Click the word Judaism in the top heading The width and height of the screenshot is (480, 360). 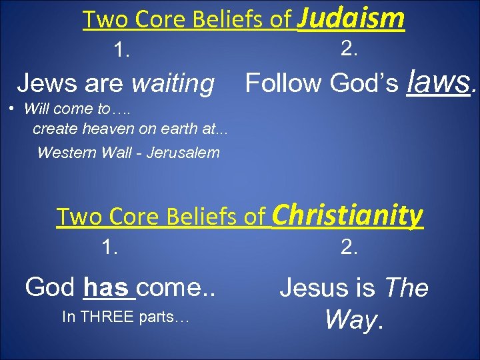click(351, 18)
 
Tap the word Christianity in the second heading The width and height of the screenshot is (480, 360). click(347, 215)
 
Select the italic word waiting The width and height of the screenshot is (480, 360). click(173, 84)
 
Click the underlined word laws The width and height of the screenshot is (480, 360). click(439, 82)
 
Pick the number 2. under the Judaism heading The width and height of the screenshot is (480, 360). click(350, 47)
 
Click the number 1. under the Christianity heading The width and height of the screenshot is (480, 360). click(111, 247)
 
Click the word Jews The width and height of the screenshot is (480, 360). click(41, 84)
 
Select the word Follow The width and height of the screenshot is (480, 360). click(284, 83)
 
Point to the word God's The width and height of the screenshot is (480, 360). click(364, 83)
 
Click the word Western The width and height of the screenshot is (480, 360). click(66, 153)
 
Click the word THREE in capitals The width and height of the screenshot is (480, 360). click(109, 318)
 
